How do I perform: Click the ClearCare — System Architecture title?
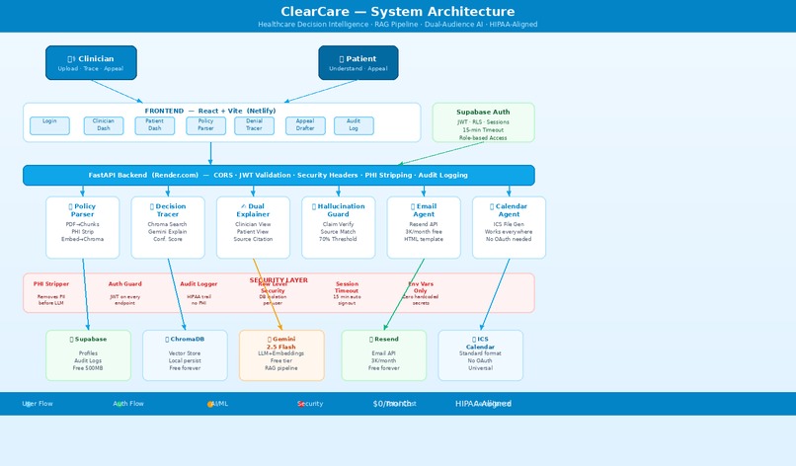tap(397, 12)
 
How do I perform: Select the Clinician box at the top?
tap(91, 62)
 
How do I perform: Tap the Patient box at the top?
tap(358, 62)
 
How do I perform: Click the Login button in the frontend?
tap(49, 125)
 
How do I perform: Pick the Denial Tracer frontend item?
tap(254, 125)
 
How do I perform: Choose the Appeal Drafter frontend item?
tap(305, 125)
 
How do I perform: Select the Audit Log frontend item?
tap(354, 125)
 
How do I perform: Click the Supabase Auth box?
tap(483, 123)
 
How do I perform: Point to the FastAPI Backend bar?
tap(279, 175)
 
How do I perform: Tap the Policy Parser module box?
tap(83, 227)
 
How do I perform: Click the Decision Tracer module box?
tap(168, 227)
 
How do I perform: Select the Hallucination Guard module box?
tap(338, 227)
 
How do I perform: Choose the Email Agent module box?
tap(423, 227)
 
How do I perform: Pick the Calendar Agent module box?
tap(509, 227)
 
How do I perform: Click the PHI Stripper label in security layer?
tap(51, 284)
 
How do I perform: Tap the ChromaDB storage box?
tap(185, 354)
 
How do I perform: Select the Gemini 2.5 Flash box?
tap(281, 354)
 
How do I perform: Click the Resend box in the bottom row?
tap(383, 354)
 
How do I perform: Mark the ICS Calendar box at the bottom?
tap(480, 354)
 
